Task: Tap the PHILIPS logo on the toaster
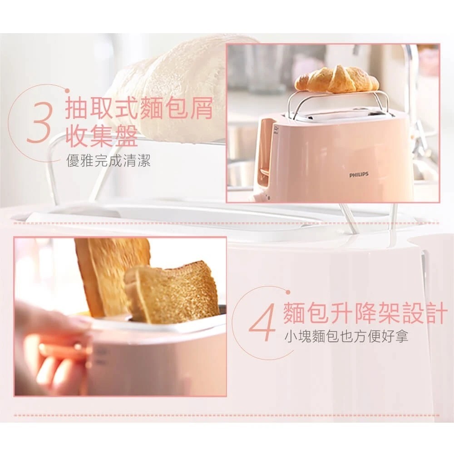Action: tap(359, 175)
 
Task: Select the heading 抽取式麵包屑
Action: tap(139, 109)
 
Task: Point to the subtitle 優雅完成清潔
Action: tap(109, 161)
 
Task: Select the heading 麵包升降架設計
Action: tap(364, 313)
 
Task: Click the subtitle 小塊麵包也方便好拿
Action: tap(346, 336)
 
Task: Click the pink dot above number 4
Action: tap(288, 292)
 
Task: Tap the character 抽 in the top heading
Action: tap(77, 109)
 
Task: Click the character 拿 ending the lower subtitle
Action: tap(402, 336)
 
